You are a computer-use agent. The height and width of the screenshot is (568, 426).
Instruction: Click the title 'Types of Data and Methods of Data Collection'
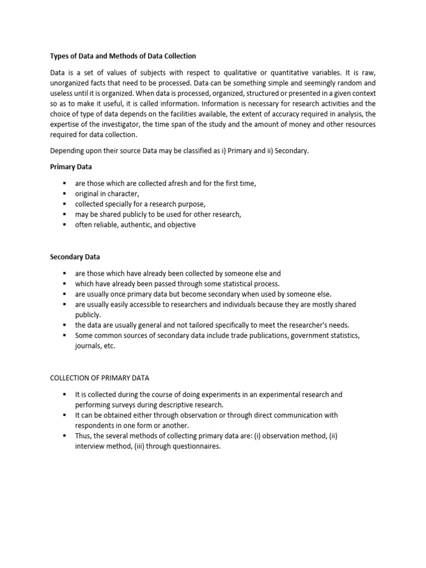click(123, 56)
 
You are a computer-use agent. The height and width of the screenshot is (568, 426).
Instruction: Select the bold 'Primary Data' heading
click(71, 166)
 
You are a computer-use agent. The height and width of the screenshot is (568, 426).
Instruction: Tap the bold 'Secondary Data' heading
click(75, 257)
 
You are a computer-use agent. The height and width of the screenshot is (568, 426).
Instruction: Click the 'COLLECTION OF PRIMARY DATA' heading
click(99, 378)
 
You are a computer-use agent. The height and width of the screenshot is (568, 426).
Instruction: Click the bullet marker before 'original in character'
click(64, 194)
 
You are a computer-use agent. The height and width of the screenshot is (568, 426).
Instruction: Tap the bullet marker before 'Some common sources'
click(64, 336)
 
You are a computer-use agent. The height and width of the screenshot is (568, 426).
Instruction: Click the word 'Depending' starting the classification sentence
click(68, 150)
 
